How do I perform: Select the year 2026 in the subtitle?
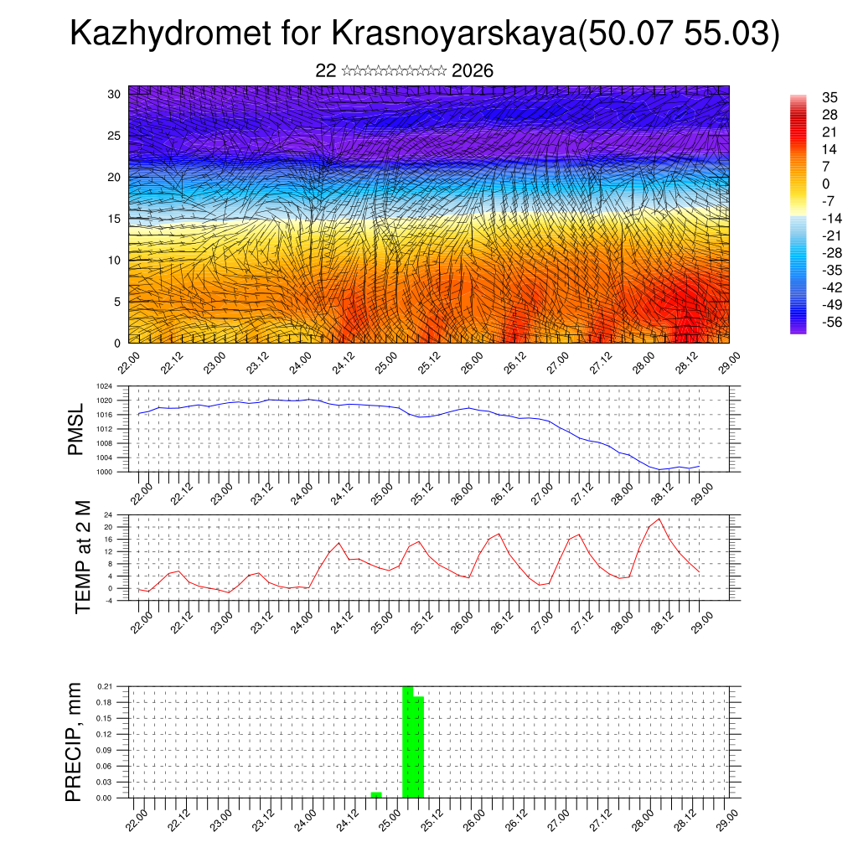[x=472, y=71]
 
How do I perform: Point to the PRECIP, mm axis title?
[x=75, y=742]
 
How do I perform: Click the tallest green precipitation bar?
[x=408, y=742]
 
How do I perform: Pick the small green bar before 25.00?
[x=376, y=794]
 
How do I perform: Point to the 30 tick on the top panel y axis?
[x=114, y=94]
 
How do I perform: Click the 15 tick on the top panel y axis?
[x=114, y=219]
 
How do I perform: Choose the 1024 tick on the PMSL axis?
[x=104, y=386]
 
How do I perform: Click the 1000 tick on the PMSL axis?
[x=104, y=472]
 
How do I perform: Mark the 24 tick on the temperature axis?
[x=108, y=514]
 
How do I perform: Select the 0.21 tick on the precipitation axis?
[x=104, y=686]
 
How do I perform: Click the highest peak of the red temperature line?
[x=659, y=519]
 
